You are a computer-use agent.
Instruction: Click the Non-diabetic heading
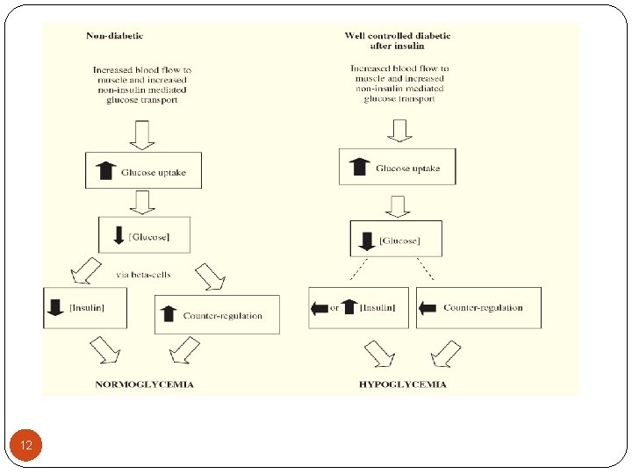point(114,35)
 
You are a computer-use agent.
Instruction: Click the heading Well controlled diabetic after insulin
point(398,40)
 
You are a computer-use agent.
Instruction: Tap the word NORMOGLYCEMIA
point(144,384)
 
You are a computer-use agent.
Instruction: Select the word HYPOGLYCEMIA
point(403,384)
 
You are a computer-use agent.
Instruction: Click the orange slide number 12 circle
point(25,445)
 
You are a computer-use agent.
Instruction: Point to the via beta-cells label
point(143,275)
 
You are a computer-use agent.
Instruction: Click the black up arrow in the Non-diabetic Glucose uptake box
point(105,170)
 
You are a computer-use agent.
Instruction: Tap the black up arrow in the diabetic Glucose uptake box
point(359,167)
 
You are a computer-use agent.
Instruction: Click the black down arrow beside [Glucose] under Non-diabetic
point(118,235)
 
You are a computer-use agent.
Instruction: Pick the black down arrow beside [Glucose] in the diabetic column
point(367,241)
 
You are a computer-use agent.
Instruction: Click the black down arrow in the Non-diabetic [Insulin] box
point(55,307)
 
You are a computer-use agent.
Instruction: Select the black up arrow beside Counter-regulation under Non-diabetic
point(168,313)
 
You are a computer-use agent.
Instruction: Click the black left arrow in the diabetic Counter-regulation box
point(427,308)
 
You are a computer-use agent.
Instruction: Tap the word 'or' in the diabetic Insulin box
point(334,308)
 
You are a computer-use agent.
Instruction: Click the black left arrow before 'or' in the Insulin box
point(320,309)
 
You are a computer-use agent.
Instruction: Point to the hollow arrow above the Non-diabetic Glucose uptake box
point(142,135)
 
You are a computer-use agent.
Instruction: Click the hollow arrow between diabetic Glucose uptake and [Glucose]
point(398,207)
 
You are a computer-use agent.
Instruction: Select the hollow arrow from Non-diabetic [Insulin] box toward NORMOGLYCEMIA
point(105,350)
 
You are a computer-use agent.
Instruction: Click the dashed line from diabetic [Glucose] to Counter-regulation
point(425,269)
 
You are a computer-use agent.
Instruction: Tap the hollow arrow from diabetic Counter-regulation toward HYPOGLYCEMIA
point(446,354)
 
